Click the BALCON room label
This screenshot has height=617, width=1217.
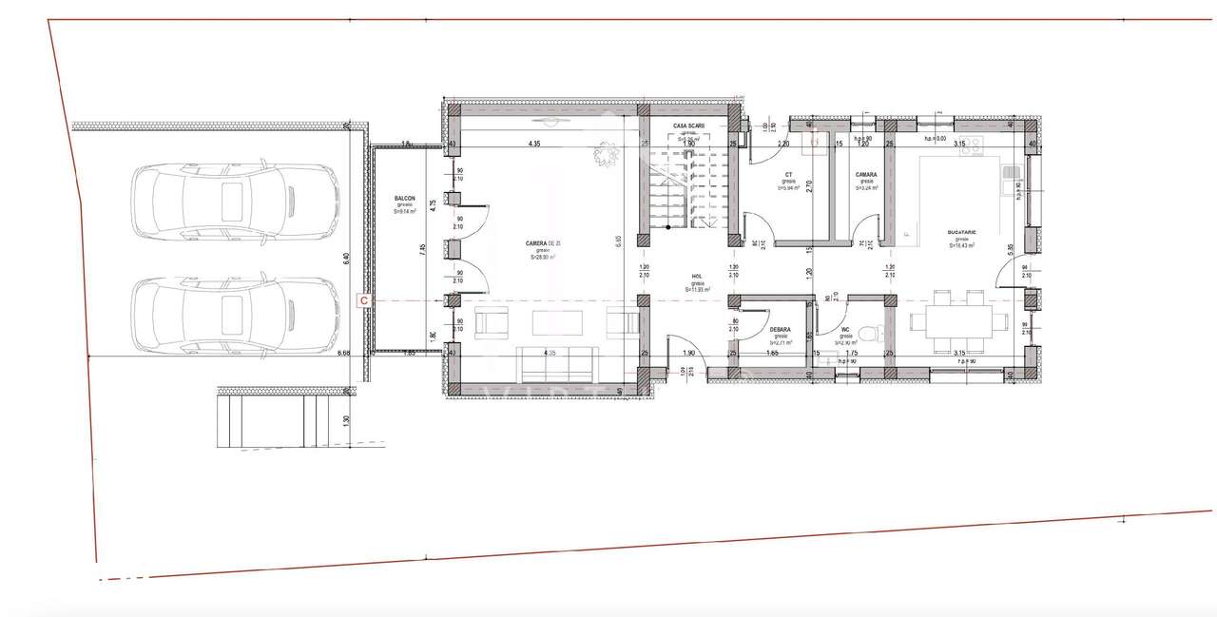pyautogui.click(x=405, y=200)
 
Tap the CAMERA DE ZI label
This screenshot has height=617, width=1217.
pyautogui.click(x=543, y=244)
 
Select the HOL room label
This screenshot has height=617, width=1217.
pyautogui.click(x=698, y=277)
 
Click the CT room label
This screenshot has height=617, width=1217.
pyautogui.click(x=789, y=175)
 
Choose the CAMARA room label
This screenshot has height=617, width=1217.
pyautogui.click(x=865, y=175)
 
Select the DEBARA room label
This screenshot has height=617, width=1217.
pyautogui.click(x=781, y=330)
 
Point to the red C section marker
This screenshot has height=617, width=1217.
pyautogui.click(x=362, y=300)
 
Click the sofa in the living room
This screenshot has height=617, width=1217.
pyautogui.click(x=556, y=364)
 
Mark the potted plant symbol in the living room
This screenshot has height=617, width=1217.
pyautogui.click(x=605, y=154)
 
